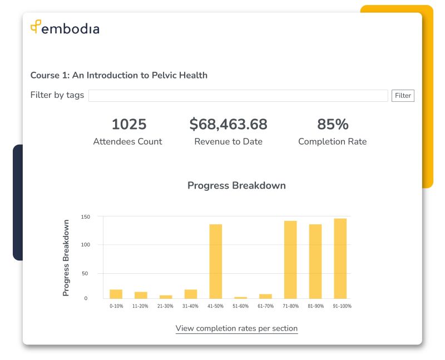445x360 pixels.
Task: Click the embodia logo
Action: click(x=65, y=28)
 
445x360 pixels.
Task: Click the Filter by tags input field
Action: click(x=238, y=96)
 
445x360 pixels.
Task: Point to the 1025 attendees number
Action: click(x=128, y=124)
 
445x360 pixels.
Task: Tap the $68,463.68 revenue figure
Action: click(x=228, y=124)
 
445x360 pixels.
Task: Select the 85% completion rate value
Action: click(x=332, y=124)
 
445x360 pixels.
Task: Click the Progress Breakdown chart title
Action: click(x=236, y=185)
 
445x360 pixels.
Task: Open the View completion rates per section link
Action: click(x=236, y=328)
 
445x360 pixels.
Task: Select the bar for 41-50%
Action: click(x=215, y=261)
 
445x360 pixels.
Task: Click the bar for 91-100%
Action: click(x=340, y=258)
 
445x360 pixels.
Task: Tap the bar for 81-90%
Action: click(x=315, y=261)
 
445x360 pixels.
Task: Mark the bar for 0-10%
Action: click(x=116, y=294)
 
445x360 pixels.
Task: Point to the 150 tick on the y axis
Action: click(x=85, y=216)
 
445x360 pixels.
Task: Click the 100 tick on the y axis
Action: click(x=85, y=245)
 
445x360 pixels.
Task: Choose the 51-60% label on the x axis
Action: click(x=240, y=306)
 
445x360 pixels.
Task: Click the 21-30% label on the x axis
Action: click(x=166, y=306)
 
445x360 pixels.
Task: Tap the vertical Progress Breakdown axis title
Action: click(x=66, y=258)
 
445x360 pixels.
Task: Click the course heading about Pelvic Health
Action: click(x=118, y=75)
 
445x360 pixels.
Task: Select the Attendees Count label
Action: click(x=127, y=141)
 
